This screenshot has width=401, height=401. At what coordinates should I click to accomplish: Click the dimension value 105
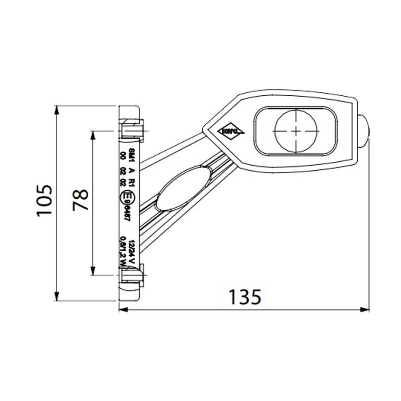point(45,200)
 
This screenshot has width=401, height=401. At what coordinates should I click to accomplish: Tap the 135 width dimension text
point(244,297)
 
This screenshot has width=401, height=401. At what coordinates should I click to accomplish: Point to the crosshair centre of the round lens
point(296,130)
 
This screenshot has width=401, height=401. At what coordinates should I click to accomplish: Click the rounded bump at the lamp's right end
point(363,130)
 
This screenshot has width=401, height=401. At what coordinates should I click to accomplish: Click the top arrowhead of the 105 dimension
point(57,110)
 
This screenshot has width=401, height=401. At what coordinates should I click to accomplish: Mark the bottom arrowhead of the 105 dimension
point(57,297)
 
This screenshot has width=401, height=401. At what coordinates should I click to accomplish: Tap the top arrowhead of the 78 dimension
point(93,135)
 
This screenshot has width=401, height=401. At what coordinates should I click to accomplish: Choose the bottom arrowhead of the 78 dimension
point(93,271)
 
